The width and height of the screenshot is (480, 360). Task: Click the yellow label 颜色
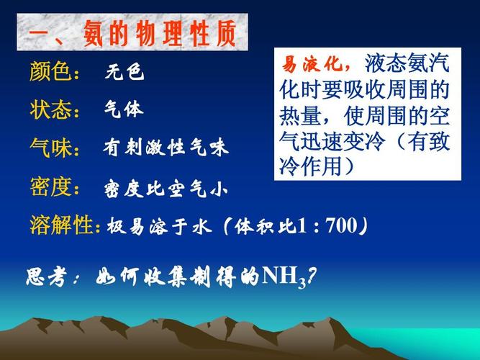53,72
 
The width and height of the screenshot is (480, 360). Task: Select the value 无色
124,73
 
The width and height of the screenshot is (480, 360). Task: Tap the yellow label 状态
53,110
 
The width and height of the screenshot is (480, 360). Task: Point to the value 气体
124,110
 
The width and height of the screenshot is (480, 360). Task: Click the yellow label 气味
53,148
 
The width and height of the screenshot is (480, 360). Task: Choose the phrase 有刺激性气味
166,149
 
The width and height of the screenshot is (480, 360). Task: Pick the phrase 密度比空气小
166,189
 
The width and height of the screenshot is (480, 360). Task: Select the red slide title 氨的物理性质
154,35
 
